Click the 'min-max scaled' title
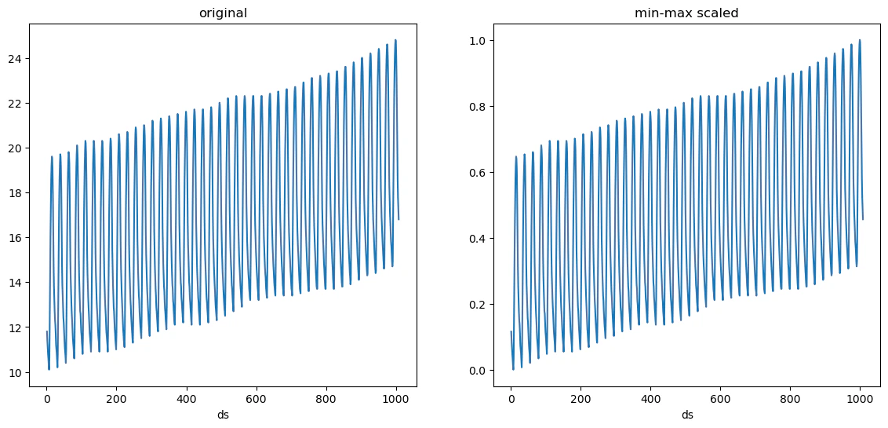click(x=687, y=13)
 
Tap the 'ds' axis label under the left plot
click(x=223, y=415)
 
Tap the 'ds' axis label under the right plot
click(x=687, y=415)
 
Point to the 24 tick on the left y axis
click(x=15, y=58)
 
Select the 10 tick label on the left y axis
click(x=15, y=371)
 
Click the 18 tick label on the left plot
click(x=15, y=192)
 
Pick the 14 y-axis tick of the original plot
click(x=15, y=282)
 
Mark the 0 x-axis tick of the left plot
click(x=46, y=400)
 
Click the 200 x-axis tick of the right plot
click(x=581, y=400)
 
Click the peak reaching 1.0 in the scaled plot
click(x=860, y=40)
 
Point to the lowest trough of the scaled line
click(x=513, y=369)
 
